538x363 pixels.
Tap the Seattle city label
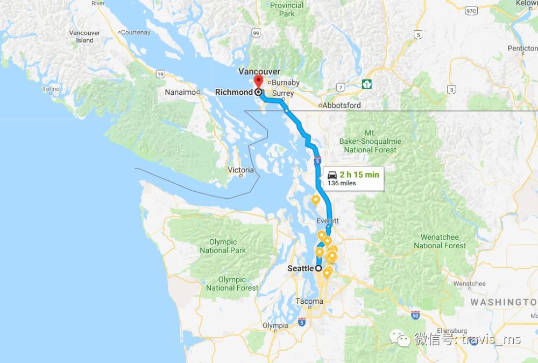[300, 268]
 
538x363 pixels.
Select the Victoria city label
[240, 170]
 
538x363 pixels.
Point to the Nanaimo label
[180, 92]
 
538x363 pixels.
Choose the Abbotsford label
[342, 106]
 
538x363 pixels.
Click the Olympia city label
[275, 326]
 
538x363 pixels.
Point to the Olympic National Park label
[223, 246]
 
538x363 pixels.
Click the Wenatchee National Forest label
[440, 241]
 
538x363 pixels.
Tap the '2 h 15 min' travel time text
[359, 174]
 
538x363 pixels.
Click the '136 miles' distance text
[342, 184]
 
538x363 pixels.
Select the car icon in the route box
[332, 175]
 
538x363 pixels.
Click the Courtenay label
[135, 32]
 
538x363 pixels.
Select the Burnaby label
[285, 82]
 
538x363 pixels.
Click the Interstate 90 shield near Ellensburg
[415, 315]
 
